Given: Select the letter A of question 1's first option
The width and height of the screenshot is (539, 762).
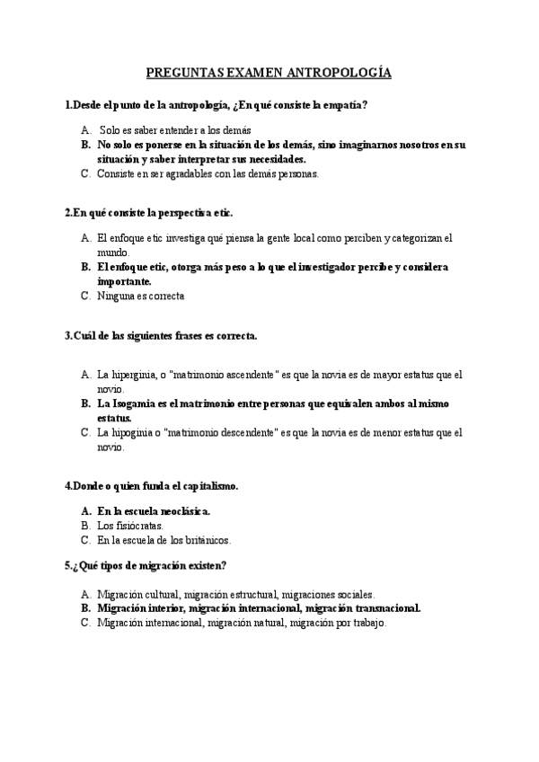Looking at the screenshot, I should pyautogui.click(x=84, y=129).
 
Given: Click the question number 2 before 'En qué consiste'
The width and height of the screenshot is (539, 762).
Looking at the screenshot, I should pyautogui.click(x=68, y=213).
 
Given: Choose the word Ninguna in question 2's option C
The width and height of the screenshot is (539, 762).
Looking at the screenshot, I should pyautogui.click(x=118, y=296).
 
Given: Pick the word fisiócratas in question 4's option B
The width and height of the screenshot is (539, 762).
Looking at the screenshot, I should pyautogui.click(x=139, y=525).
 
